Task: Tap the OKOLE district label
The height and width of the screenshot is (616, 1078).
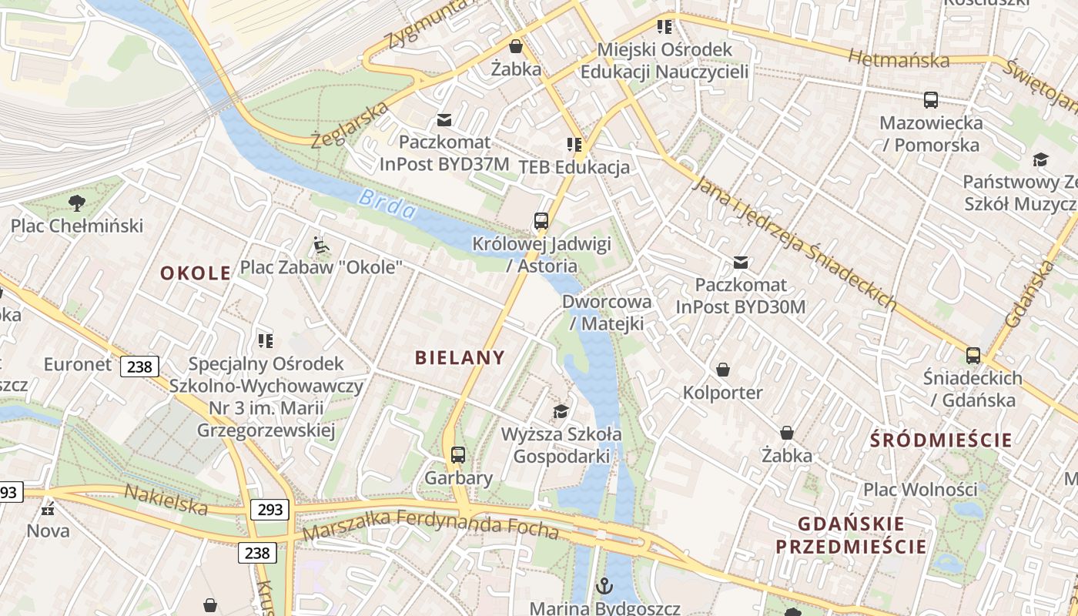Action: (196, 273)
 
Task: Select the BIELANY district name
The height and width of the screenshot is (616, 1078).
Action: (460, 357)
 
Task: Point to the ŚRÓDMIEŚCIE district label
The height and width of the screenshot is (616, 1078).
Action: (941, 440)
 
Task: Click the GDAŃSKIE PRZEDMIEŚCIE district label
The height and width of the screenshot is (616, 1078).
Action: (851, 535)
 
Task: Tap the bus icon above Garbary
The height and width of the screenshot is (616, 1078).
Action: (458, 454)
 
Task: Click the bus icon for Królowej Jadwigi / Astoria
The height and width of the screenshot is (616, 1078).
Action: (541, 221)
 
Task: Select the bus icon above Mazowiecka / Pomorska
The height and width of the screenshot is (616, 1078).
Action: (931, 99)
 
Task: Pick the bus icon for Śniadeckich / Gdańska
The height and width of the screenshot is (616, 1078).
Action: (973, 355)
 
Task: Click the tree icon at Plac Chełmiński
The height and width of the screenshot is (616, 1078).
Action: (76, 203)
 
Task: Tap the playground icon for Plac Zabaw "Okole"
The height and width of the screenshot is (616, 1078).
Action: (321, 246)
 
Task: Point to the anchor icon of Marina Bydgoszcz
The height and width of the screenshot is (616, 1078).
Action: (604, 586)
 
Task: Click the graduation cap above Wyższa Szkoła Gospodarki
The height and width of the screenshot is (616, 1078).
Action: (561, 411)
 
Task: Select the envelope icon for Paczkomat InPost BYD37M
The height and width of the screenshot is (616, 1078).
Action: (444, 119)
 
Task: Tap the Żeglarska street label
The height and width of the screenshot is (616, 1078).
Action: (350, 123)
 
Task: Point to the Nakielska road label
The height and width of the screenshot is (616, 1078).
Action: (166, 500)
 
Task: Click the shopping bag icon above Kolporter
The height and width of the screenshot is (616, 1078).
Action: (723, 370)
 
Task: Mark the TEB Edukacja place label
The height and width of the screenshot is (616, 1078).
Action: (574, 167)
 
